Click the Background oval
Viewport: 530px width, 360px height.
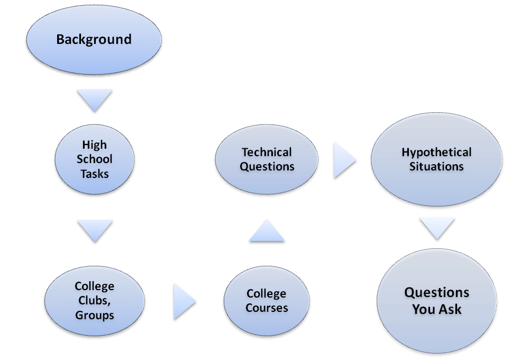pyautogui.click(x=94, y=40)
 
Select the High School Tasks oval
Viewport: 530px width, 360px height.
pyautogui.click(x=95, y=159)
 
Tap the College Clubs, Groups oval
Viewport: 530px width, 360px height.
pyautogui.click(x=95, y=301)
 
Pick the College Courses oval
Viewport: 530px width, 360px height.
pyautogui.click(x=267, y=301)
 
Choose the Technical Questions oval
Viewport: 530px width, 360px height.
pyautogui.click(x=267, y=159)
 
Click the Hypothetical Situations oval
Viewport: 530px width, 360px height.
pyautogui.click(x=436, y=159)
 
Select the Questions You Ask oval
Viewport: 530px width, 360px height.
pyautogui.click(x=437, y=301)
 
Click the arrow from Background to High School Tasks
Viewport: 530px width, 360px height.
pyautogui.click(x=95, y=100)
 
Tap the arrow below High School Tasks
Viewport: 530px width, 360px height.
pyautogui.click(x=95, y=231)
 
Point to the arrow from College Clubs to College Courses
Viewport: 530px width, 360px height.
pyautogui.click(x=185, y=301)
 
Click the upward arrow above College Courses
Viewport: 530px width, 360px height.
pyautogui.click(x=267, y=230)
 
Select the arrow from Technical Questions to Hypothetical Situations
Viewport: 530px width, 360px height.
pyautogui.click(x=345, y=160)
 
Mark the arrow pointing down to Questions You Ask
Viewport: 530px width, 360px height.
pyautogui.click(x=437, y=229)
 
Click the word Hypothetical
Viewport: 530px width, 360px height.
pyautogui.click(x=436, y=152)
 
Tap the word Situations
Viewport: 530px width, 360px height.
pyautogui.click(x=436, y=166)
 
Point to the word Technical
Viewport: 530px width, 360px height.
pyautogui.click(x=267, y=152)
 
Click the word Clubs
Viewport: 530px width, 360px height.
pyautogui.click(x=94, y=301)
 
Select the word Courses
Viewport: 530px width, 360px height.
pyautogui.click(x=267, y=308)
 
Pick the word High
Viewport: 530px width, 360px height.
pyautogui.click(x=95, y=145)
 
